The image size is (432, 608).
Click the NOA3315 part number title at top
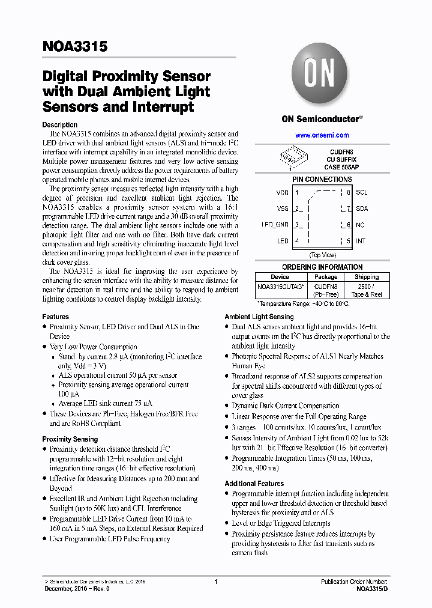point(75,46)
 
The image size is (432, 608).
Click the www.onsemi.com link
point(322,135)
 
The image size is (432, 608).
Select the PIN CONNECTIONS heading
point(322,180)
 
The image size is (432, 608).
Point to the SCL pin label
point(361,193)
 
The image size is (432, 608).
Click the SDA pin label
point(362,209)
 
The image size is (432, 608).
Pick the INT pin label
point(361,241)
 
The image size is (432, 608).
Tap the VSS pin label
point(282,209)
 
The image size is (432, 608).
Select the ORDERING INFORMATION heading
point(322,267)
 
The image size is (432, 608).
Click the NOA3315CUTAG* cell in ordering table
point(280,287)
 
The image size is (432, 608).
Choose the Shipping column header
point(366,277)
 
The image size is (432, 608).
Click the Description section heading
point(59,125)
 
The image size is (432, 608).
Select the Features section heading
point(55,317)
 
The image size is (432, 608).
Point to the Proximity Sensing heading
point(70,439)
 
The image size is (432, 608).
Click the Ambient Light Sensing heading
point(259,317)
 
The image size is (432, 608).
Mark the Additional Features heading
point(254,484)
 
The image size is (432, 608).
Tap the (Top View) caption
point(322,255)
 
